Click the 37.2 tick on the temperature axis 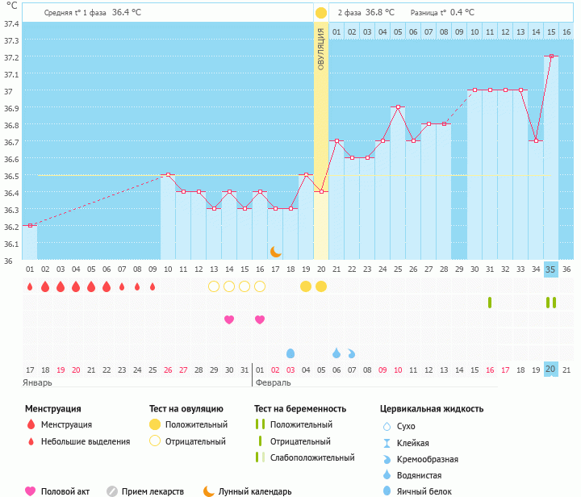pos(11,57)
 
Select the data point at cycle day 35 pos(551,56)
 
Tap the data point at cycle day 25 pos(398,106)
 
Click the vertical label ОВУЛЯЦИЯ pos(321,49)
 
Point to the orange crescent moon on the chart pos(276,252)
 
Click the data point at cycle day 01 pos(30,225)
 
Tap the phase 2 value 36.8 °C pos(379,13)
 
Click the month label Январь pos(39,382)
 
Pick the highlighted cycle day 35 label pos(551,269)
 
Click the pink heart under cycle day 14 pos(229,319)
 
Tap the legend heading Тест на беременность pos(300,409)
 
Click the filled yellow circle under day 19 pos(306,286)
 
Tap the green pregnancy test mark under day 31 pos(490,303)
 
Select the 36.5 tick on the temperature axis pos(11,176)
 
